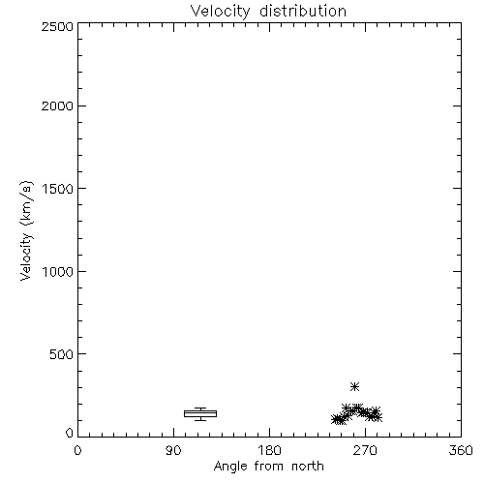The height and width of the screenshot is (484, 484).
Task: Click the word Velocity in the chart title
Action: [220, 12]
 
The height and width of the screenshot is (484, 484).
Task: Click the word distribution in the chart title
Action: [303, 11]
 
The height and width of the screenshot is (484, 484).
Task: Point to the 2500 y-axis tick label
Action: [57, 26]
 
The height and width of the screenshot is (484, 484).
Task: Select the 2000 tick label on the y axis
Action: [57, 106]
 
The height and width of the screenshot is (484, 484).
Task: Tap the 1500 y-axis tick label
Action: [58, 189]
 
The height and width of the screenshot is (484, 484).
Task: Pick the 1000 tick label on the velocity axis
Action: [58, 272]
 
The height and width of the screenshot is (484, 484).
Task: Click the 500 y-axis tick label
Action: [62, 354]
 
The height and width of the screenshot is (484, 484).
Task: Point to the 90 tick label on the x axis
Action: [173, 450]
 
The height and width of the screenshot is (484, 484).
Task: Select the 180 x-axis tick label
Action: [269, 450]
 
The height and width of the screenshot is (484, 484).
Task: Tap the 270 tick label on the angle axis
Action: [365, 450]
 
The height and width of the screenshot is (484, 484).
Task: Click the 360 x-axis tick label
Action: [461, 450]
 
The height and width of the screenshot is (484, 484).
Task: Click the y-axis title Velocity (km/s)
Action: [26, 230]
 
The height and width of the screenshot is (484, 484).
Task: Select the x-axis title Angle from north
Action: [269, 467]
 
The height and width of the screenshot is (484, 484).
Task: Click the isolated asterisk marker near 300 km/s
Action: [355, 386]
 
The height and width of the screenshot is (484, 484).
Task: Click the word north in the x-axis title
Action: [308, 466]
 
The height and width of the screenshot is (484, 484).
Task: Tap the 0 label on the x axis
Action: [77, 450]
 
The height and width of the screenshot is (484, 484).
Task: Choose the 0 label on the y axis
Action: [70, 433]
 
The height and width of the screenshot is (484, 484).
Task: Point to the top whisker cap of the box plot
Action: [200, 408]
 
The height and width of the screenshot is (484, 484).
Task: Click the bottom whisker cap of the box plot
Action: [200, 420]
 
